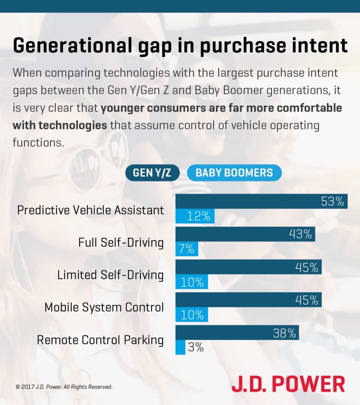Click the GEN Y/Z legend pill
[152, 172]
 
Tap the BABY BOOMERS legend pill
[234, 172]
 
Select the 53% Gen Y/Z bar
[261, 201]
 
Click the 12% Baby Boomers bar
[195, 216]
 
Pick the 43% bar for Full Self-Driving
[245, 234]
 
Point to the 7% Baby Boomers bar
[187, 249]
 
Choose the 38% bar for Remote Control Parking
[237, 333]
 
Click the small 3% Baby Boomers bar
[180, 347]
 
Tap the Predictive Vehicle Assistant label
[91, 210]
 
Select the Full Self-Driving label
[121, 243]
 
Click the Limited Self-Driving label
[110, 275]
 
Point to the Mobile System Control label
[104, 307]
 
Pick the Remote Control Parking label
[100, 340]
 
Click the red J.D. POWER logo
[288, 384]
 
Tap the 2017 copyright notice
[64, 387]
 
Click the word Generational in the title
[73, 45]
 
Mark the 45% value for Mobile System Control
[307, 300]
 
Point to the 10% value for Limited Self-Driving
[192, 282]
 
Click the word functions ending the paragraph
[38, 142]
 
